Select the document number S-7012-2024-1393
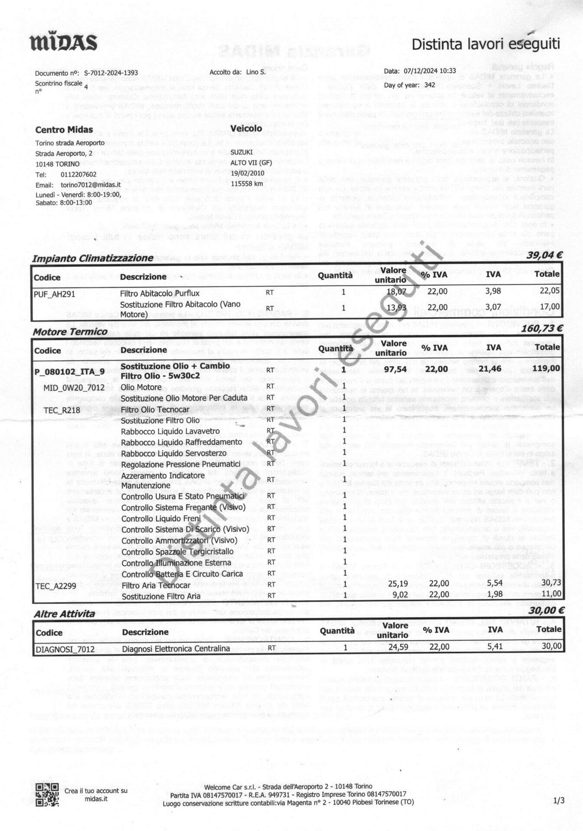[111, 73]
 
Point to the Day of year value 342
[429, 85]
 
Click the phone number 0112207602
[78, 174]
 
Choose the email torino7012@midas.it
[90, 185]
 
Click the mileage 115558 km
[247, 183]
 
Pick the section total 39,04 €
[544, 255]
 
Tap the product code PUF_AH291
[54, 294]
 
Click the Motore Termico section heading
[70, 332]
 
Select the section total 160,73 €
[542, 328]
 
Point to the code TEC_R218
[61, 410]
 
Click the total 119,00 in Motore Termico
[547, 368]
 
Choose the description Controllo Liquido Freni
[161, 519]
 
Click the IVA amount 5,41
[494, 646]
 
